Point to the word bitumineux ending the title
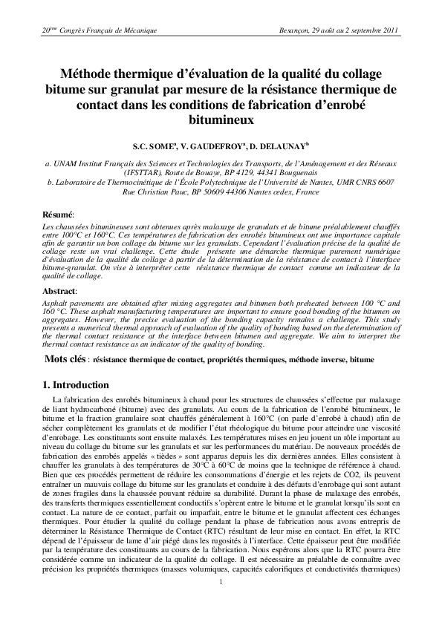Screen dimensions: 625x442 point(221,118)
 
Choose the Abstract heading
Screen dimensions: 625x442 point(59,292)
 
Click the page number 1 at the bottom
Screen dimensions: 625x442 point(221,602)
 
